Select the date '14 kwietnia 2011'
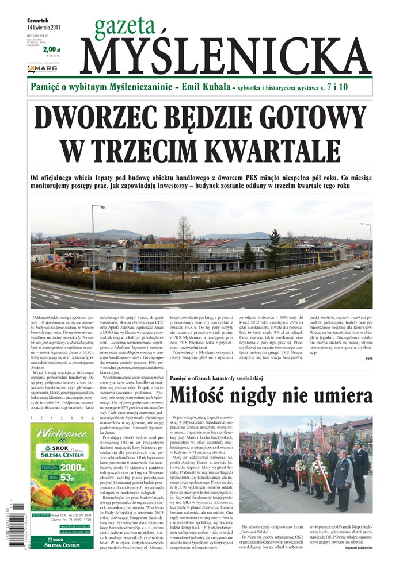point(44,26)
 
